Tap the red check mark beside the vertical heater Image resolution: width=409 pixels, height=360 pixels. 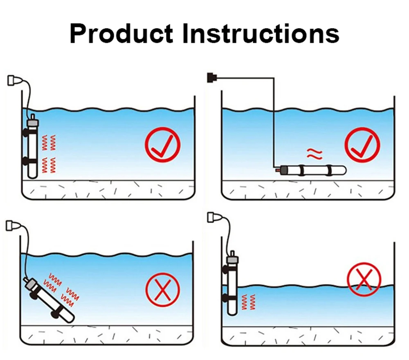[x=162, y=145]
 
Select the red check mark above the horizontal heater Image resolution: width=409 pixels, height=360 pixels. [x=362, y=145]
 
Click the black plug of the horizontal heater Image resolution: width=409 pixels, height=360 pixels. [x=211, y=76]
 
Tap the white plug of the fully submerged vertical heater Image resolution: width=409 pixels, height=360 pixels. [x=14, y=80]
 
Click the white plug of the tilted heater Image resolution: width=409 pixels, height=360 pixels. [x=13, y=225]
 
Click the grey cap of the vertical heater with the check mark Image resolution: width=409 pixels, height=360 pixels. [x=32, y=122]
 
